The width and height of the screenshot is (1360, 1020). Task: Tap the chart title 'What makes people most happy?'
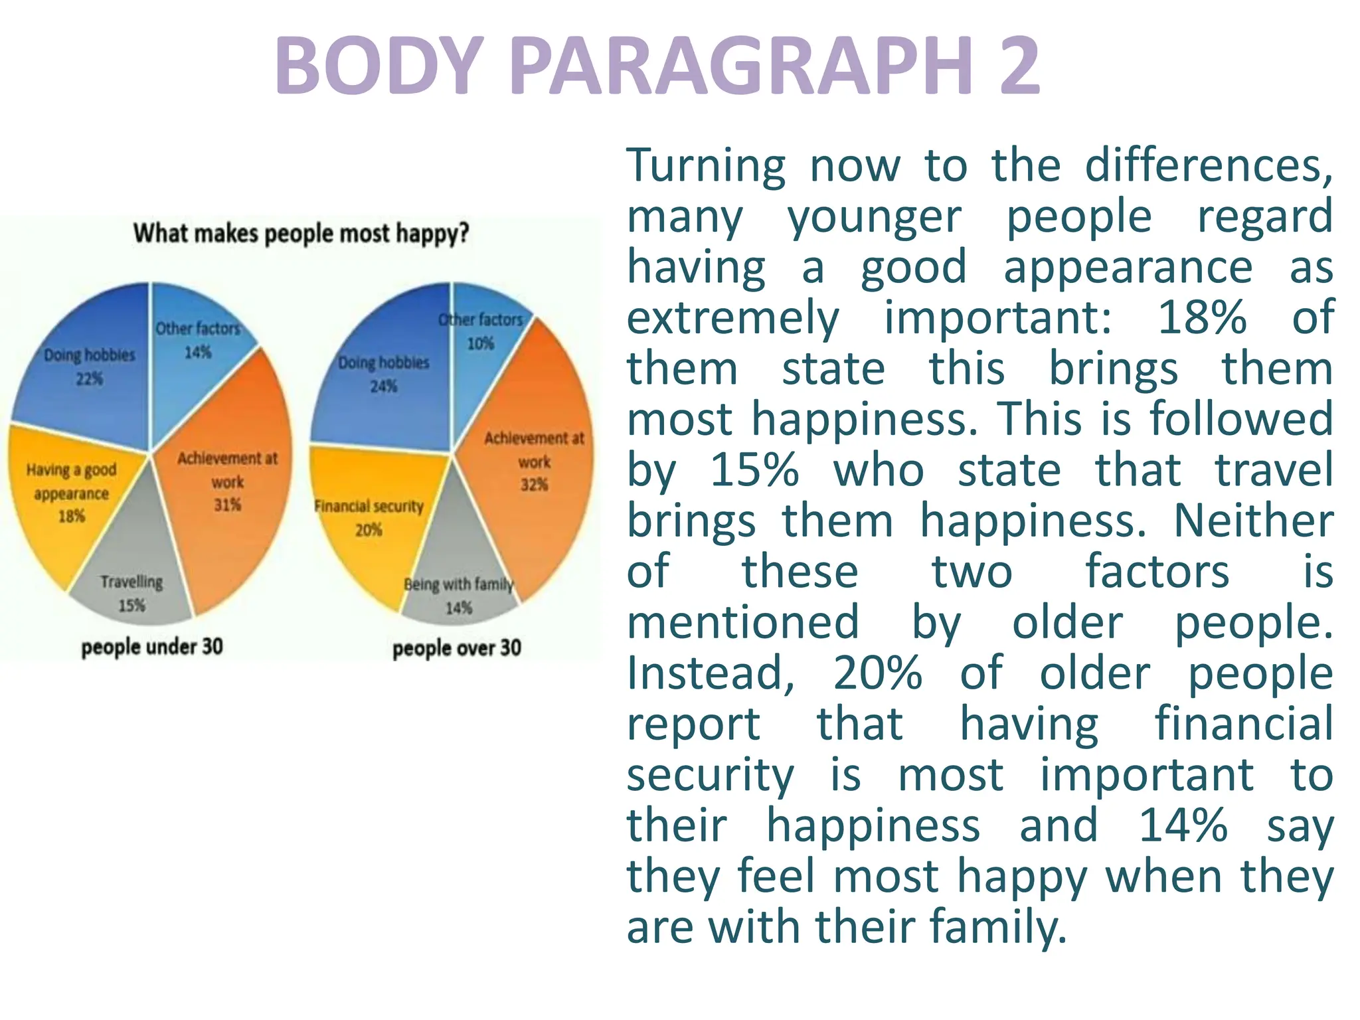point(301,234)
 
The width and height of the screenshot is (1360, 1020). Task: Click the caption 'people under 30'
point(152,647)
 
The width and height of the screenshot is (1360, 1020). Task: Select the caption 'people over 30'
point(457,648)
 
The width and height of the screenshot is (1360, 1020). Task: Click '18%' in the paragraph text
point(1202,317)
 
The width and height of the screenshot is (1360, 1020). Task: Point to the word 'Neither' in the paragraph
point(1253,521)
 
